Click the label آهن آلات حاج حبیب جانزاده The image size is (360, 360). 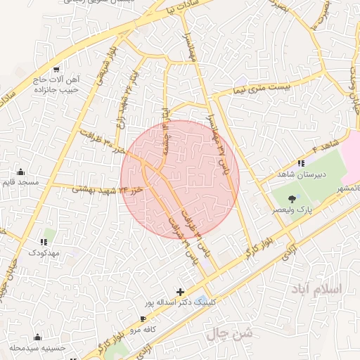point(56,85)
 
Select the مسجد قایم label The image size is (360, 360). point(23,183)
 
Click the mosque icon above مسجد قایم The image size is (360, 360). point(20,172)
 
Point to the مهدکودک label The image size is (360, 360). point(44,251)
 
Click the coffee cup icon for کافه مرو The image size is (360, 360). point(143,319)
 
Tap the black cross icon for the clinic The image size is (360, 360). point(181,292)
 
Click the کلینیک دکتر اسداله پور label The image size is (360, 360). point(177,302)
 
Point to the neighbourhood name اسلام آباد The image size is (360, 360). point(319,289)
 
